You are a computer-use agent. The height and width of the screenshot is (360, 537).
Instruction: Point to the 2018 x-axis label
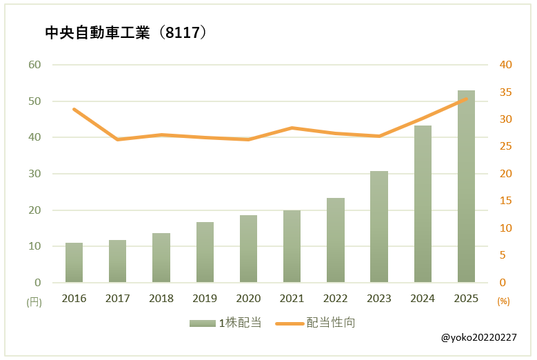click(161, 299)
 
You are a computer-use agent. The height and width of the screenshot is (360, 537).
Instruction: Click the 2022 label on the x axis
click(336, 299)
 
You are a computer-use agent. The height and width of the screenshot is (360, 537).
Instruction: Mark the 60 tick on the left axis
click(34, 65)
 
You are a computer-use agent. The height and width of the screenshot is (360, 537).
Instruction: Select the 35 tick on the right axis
click(506, 92)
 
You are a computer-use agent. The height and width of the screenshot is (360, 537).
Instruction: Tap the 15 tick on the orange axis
click(506, 201)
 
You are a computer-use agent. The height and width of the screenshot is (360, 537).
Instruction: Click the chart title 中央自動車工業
click(97, 33)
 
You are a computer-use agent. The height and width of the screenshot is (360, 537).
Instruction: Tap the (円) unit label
click(34, 301)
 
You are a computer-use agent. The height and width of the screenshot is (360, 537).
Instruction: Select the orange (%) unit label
click(503, 301)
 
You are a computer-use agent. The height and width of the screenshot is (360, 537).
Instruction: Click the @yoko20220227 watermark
click(479, 337)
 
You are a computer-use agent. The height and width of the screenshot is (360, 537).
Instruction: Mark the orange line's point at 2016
click(74, 109)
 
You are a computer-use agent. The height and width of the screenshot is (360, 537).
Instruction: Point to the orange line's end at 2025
click(466, 99)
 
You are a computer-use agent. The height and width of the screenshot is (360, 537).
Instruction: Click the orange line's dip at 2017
click(118, 139)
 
